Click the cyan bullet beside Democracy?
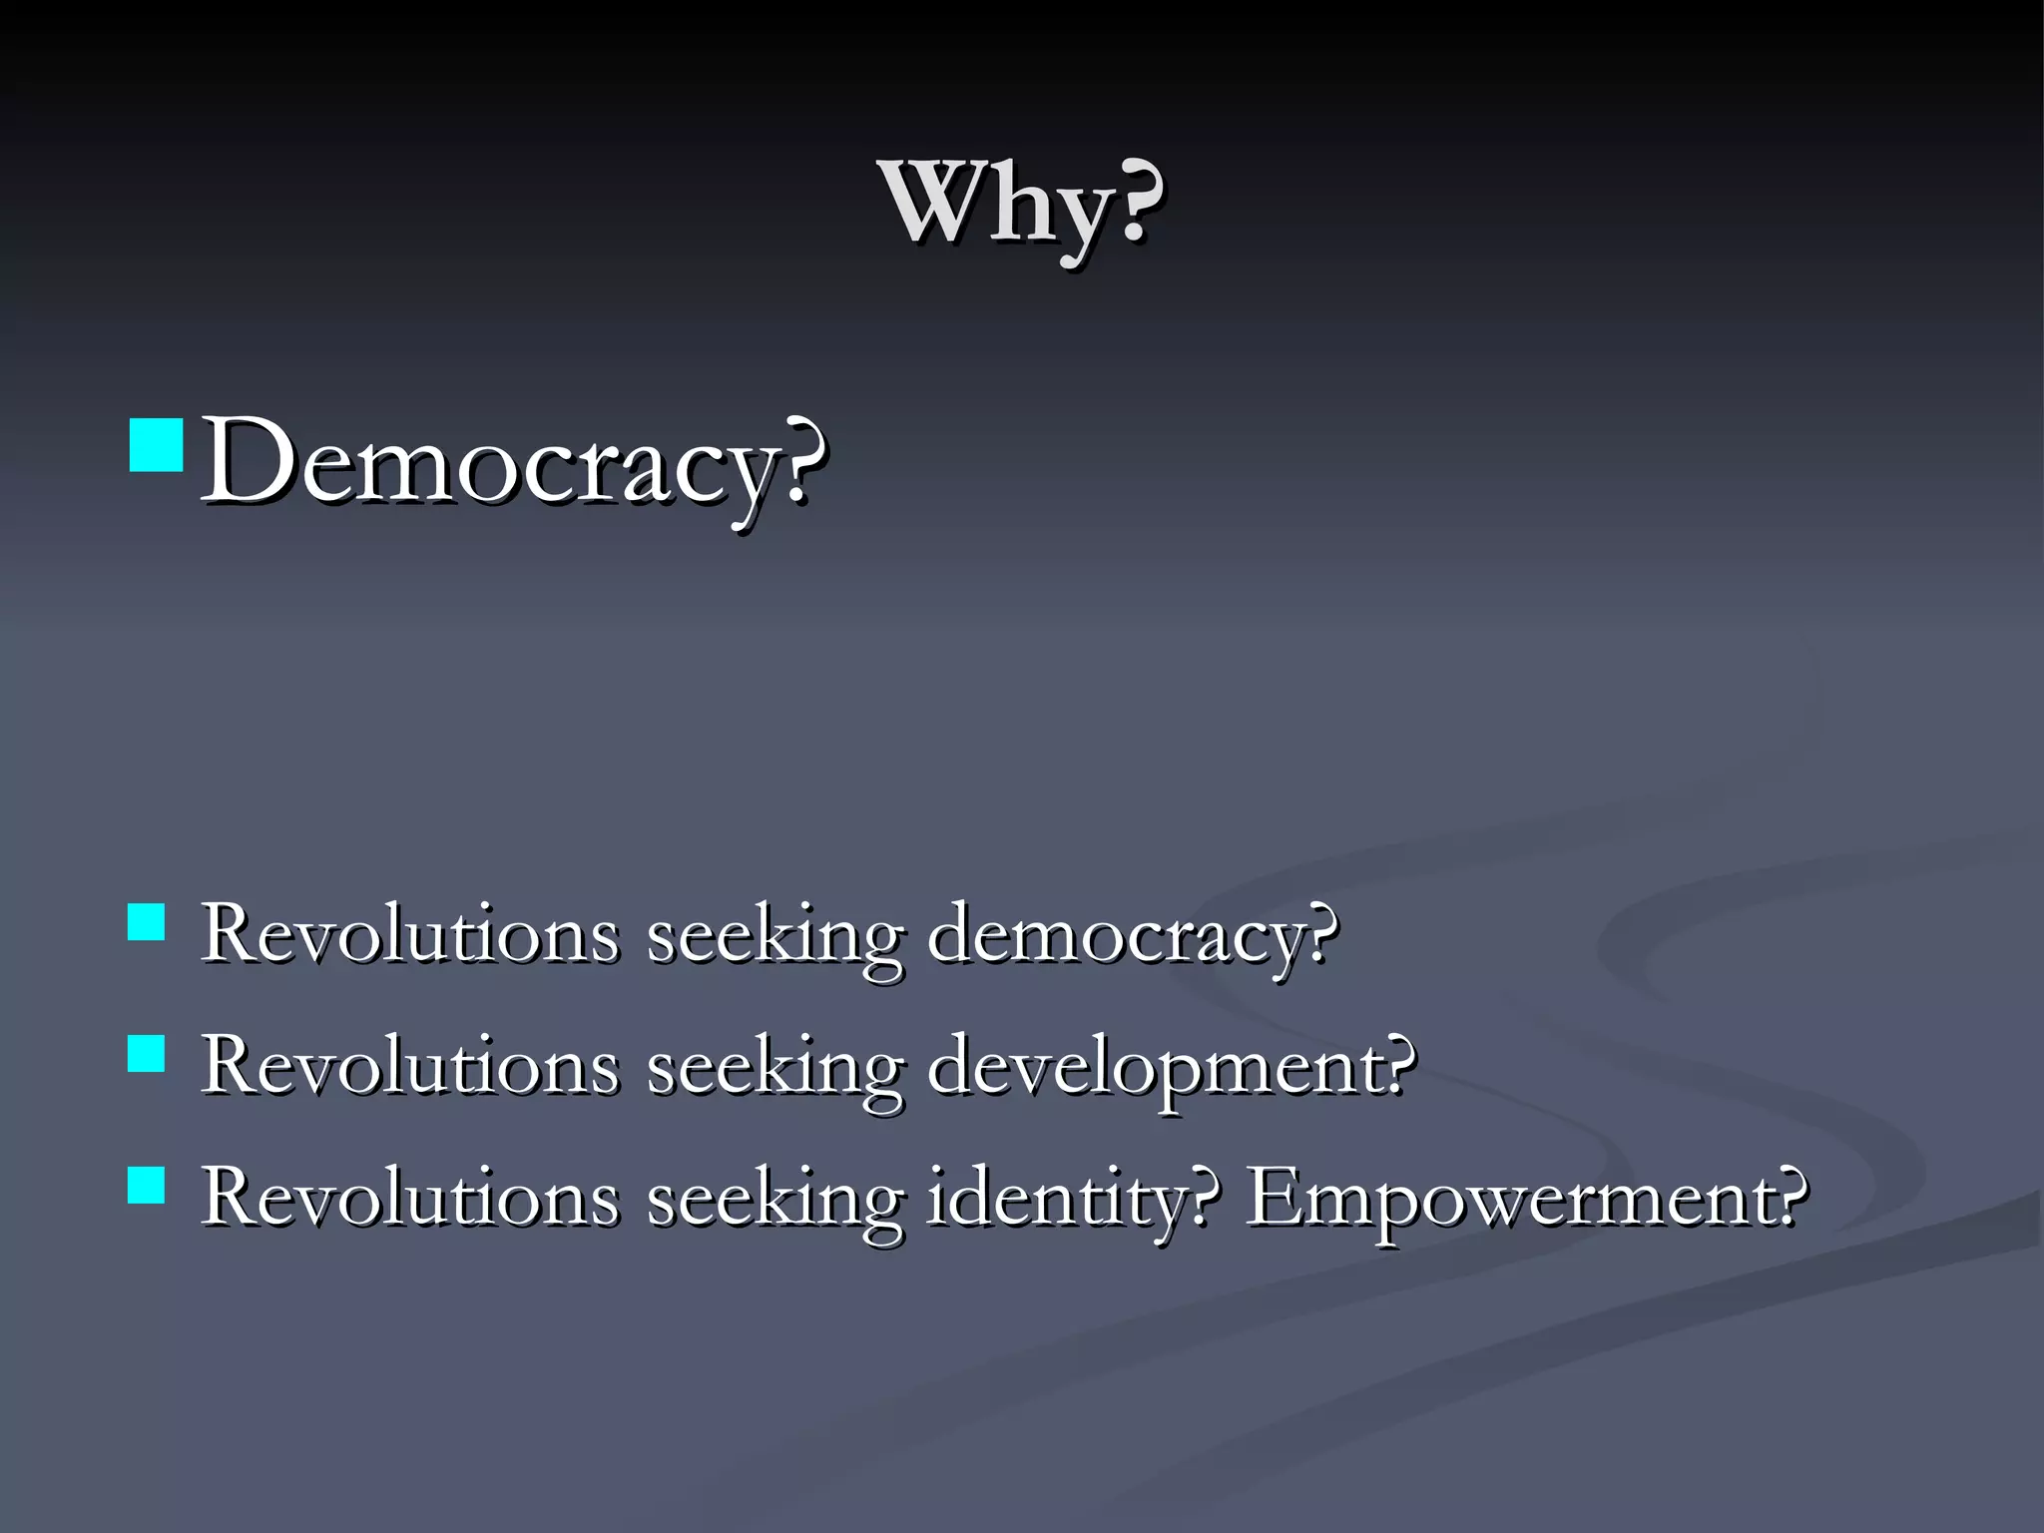pyautogui.click(x=157, y=445)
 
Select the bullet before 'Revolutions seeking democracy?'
pyautogui.click(x=147, y=923)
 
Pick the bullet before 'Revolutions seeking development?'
pyautogui.click(x=147, y=1053)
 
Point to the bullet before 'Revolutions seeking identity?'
pyautogui.click(x=147, y=1186)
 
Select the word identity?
pyautogui.click(x=1074, y=1198)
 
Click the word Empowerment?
pyautogui.click(x=1527, y=1198)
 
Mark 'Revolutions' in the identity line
pyautogui.click(x=409, y=1198)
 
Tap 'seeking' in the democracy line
pyautogui.click(x=774, y=938)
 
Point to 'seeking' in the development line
pyautogui.click(x=774, y=1069)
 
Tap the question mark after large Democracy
pyautogui.click(x=804, y=461)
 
